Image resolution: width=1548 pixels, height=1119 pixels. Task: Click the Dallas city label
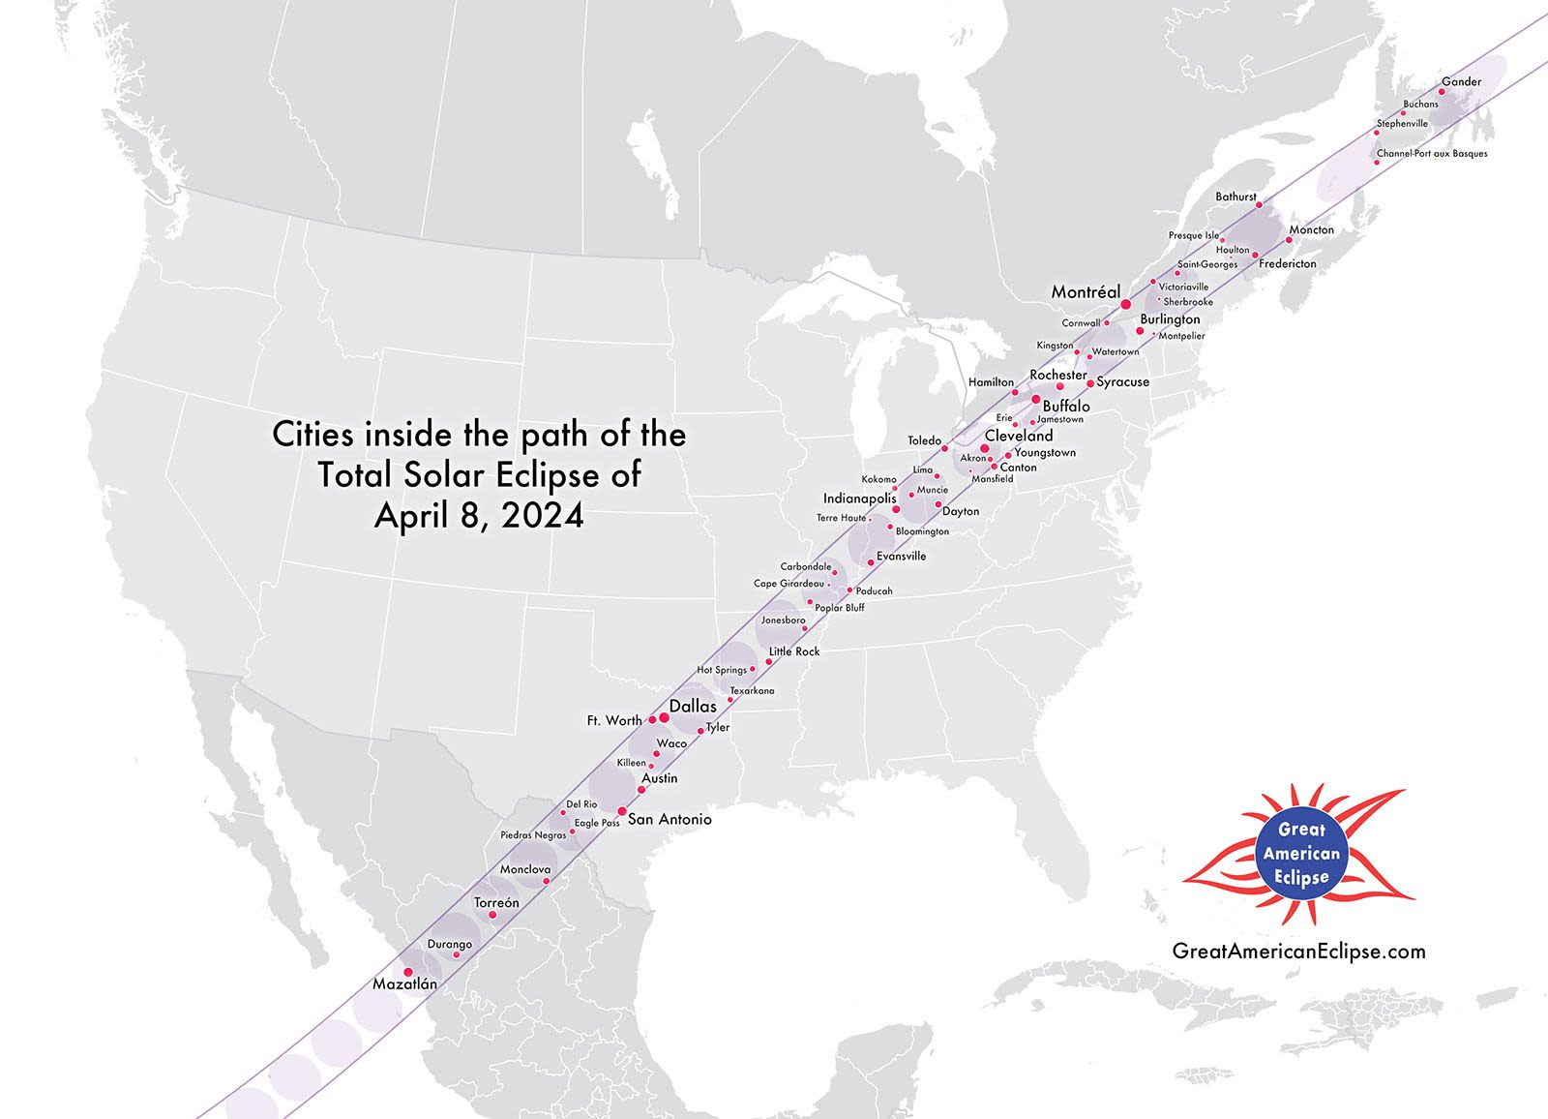693,707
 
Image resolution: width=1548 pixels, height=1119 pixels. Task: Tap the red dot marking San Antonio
622,811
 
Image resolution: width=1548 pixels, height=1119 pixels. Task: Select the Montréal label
1086,292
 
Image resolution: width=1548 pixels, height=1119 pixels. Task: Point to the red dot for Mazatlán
407,972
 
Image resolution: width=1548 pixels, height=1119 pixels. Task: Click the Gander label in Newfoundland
1461,82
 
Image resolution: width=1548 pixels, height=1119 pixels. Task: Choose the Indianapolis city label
859,499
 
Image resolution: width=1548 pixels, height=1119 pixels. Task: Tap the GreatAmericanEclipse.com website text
1298,952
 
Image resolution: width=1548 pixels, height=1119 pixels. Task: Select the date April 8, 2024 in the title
479,516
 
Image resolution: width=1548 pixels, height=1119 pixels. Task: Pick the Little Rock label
794,651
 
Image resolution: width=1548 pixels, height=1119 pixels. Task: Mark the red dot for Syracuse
1090,384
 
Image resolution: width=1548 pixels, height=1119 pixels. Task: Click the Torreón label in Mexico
496,903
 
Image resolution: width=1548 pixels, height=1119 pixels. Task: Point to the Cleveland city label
1019,437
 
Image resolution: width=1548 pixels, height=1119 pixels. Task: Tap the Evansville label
901,557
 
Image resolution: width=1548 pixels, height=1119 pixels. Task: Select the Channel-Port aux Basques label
1432,154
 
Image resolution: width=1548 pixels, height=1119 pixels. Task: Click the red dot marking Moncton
1290,240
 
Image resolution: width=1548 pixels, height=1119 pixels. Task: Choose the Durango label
450,945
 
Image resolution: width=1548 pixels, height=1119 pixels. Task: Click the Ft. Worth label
614,721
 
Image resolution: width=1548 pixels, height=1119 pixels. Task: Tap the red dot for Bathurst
1259,205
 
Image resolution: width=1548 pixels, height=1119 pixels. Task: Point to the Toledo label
924,441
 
